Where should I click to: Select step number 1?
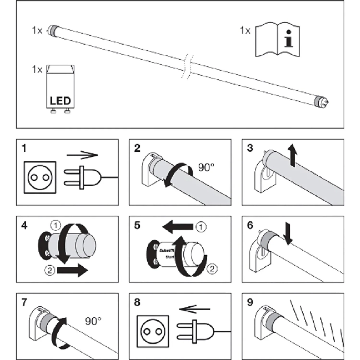24,148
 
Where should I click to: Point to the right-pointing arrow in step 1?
82,155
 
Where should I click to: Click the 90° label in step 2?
206,167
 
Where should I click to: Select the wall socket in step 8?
152,331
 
